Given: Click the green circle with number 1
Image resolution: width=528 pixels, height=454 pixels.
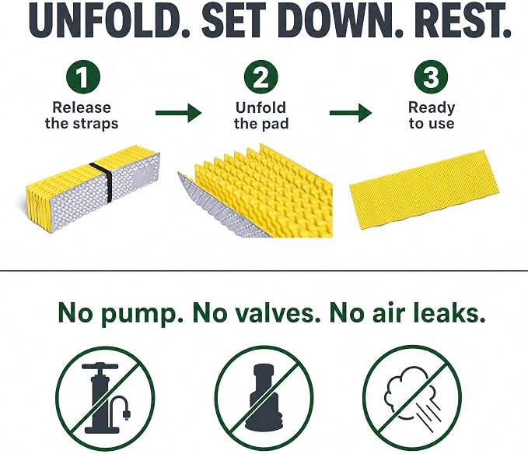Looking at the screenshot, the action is pyautogui.click(x=83, y=77).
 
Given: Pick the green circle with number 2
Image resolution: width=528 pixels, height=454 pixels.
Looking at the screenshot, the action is pyautogui.click(x=261, y=77).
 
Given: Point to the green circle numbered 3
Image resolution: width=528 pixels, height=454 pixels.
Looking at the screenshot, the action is pyautogui.click(x=431, y=77).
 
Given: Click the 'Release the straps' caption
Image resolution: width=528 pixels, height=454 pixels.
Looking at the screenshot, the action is pyautogui.click(x=82, y=115).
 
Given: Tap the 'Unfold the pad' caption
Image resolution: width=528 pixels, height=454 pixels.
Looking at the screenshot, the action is pyautogui.click(x=261, y=115).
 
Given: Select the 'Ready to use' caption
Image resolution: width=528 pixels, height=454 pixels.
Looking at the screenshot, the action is pyautogui.click(x=432, y=115).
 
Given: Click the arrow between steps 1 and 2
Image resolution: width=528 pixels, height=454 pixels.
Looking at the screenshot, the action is pyautogui.click(x=179, y=113).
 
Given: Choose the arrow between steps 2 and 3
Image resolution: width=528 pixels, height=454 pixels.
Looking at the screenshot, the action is pyautogui.click(x=351, y=113).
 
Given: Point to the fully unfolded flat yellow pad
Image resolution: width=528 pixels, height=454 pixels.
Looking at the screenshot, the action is pyautogui.click(x=425, y=189).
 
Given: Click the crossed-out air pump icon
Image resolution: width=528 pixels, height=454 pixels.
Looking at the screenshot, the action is pyautogui.click(x=105, y=398).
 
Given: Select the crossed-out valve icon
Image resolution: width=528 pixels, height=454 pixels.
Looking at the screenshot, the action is pyautogui.click(x=264, y=398).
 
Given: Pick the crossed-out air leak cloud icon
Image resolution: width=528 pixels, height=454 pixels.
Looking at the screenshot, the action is pyautogui.click(x=412, y=398).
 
